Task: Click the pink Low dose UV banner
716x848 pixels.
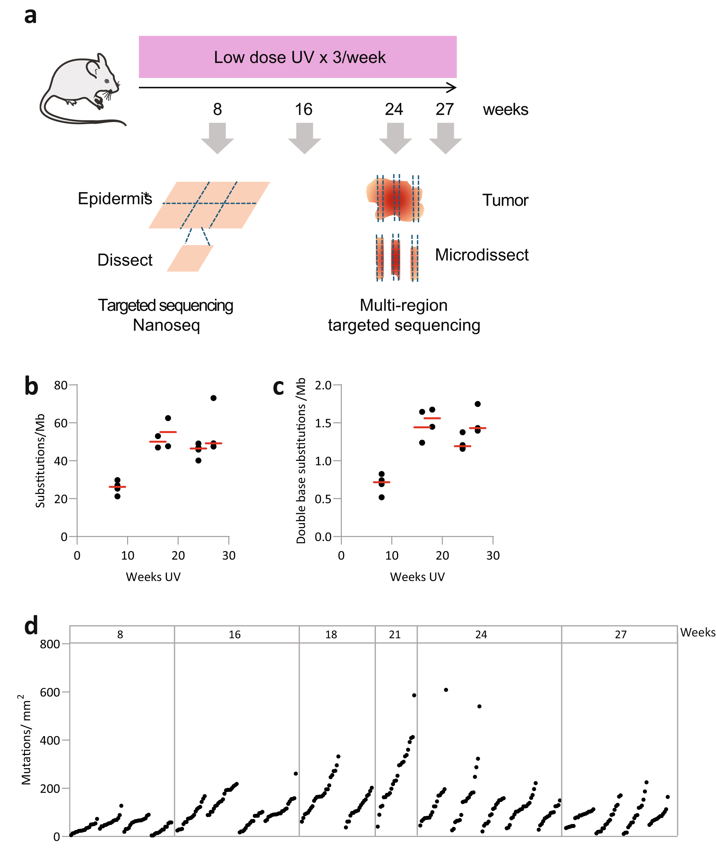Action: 297,57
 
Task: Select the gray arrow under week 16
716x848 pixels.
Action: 304,138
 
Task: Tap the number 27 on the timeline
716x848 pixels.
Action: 444,109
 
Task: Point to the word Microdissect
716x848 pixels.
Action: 482,255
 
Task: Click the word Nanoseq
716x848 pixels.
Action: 166,325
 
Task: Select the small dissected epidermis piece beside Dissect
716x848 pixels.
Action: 190,258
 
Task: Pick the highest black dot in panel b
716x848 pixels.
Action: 213,398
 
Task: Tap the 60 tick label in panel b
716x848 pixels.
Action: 61,423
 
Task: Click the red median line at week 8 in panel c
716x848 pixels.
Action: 382,482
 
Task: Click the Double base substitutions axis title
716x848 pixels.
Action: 301,460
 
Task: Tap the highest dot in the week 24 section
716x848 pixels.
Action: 446,690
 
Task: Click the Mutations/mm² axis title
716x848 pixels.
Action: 25,740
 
